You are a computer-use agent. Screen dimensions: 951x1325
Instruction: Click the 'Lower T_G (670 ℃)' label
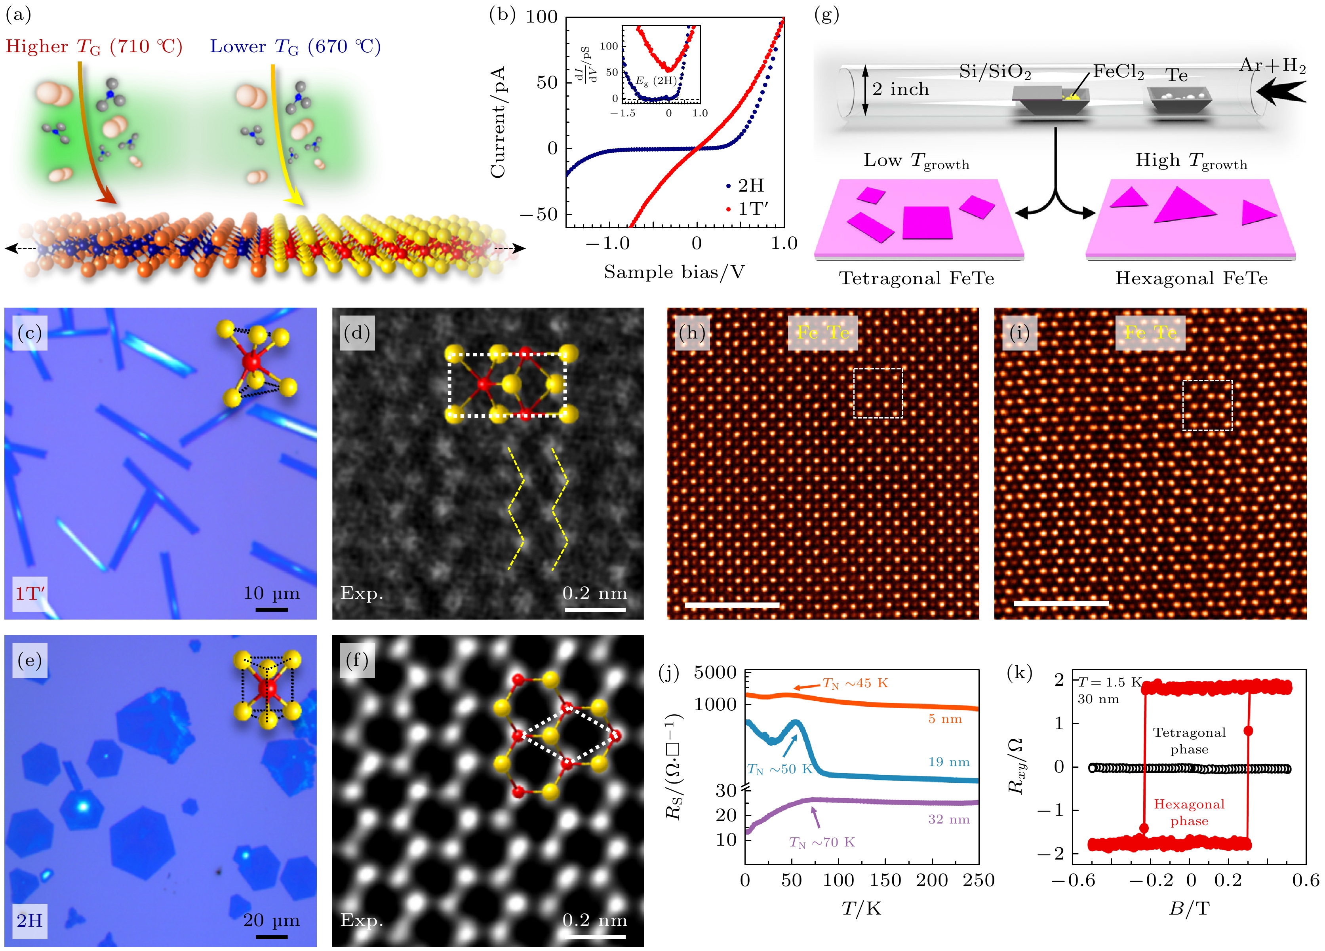click(295, 46)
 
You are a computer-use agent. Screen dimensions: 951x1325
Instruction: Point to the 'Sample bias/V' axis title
click(674, 272)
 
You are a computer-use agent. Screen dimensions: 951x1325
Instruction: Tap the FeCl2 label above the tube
click(1118, 72)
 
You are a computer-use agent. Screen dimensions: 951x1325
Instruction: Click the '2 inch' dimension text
click(900, 89)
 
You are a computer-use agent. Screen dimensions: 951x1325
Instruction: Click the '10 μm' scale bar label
click(271, 593)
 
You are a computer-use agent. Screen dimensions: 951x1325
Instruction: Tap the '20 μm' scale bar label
click(271, 921)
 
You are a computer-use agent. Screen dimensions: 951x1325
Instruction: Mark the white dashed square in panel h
click(878, 393)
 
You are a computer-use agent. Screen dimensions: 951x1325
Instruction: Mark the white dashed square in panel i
click(1207, 405)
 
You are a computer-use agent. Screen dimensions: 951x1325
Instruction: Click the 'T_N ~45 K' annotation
click(855, 683)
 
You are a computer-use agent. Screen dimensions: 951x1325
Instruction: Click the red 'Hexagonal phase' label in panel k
click(1189, 812)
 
